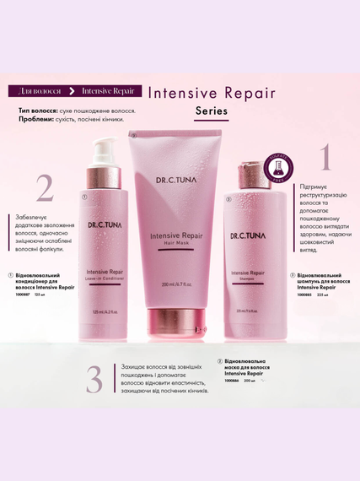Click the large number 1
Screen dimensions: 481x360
tap(323, 160)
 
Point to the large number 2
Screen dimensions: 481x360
tap(44, 188)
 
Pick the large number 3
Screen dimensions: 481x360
tap(94, 376)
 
